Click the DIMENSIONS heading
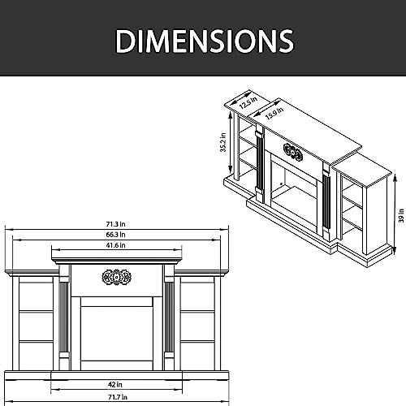click(205, 41)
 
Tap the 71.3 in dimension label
click(115, 224)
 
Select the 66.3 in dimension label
click(115, 235)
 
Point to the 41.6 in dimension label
click(115, 245)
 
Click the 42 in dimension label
click(115, 384)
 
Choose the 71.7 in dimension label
click(118, 397)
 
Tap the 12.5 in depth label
click(248, 103)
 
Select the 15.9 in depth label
click(274, 113)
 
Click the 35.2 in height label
click(223, 142)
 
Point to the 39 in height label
click(401, 215)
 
